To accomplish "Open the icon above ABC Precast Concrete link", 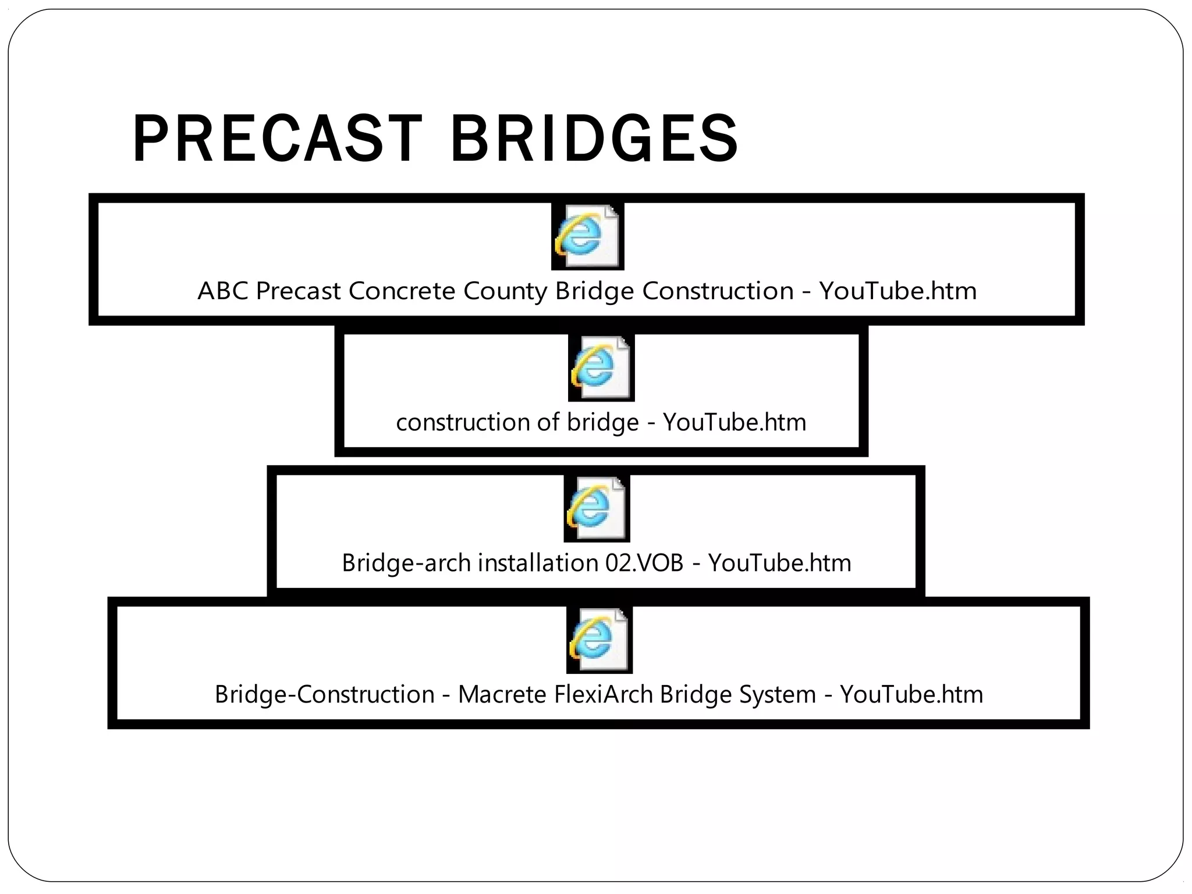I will (x=587, y=236).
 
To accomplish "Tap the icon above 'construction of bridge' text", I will (x=601, y=368).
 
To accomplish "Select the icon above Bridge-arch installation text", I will (x=597, y=509).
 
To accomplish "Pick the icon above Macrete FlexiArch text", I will (x=599, y=640).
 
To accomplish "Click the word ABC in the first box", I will (x=222, y=290).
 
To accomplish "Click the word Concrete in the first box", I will (x=401, y=290).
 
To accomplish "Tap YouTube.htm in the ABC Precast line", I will (x=897, y=290).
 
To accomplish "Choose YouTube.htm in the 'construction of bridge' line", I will (x=735, y=422).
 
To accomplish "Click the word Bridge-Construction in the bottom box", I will (x=324, y=694).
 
